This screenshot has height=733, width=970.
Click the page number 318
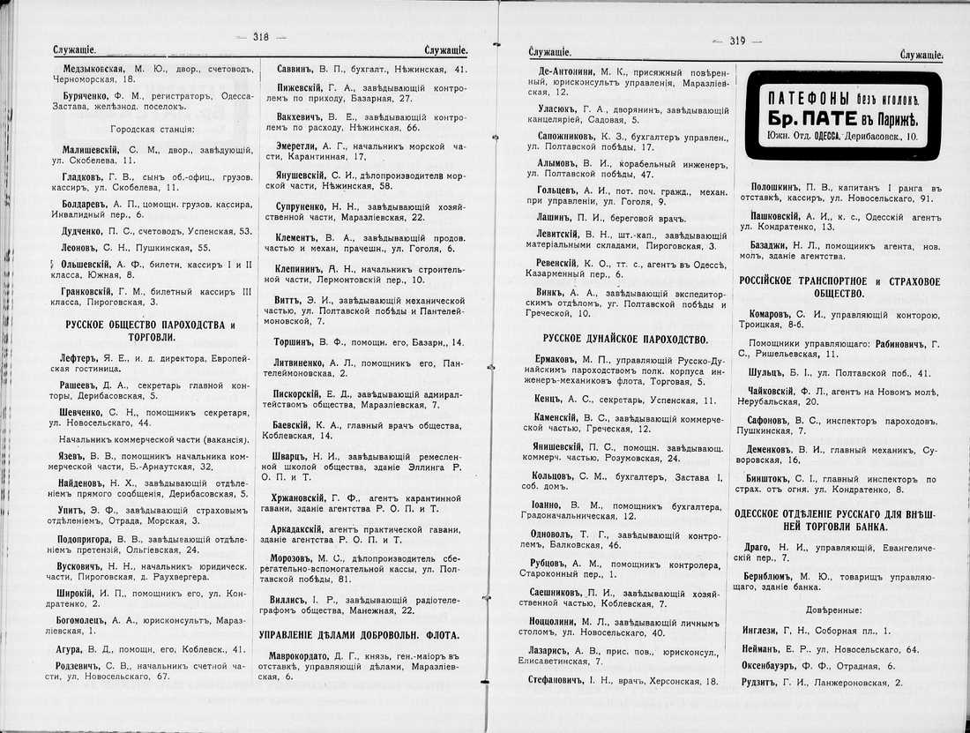tap(260, 36)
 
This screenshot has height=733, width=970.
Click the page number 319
tap(737, 41)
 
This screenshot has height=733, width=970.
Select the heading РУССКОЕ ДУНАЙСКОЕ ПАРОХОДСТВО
tap(625, 339)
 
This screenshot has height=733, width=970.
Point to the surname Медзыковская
tap(97, 67)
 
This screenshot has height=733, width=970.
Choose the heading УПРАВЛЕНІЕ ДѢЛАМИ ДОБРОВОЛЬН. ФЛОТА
tap(359, 634)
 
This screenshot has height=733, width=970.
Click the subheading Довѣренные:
tap(833, 610)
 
